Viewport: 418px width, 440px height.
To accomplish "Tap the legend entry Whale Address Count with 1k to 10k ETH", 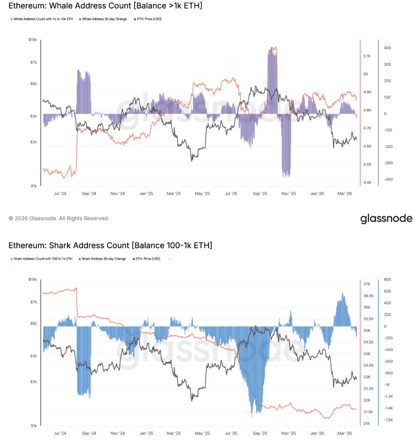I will click(43, 19).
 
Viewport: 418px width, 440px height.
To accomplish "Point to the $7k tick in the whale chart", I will click(33, 62).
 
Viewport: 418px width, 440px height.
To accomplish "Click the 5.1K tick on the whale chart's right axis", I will click(367, 56).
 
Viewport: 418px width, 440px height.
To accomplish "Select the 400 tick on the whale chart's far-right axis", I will click(387, 48).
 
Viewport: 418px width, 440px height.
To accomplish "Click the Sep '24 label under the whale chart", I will click(89, 194).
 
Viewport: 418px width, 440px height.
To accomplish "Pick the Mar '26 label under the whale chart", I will click(345, 194).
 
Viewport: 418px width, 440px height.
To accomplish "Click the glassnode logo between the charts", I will click(386, 218).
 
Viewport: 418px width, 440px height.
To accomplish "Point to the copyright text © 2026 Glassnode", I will click(59, 218).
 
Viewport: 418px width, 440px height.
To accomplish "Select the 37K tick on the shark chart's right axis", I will click(367, 284).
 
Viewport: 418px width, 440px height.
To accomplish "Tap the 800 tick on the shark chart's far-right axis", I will click(387, 280).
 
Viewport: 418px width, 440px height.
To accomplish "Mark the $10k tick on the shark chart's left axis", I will click(32, 280).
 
